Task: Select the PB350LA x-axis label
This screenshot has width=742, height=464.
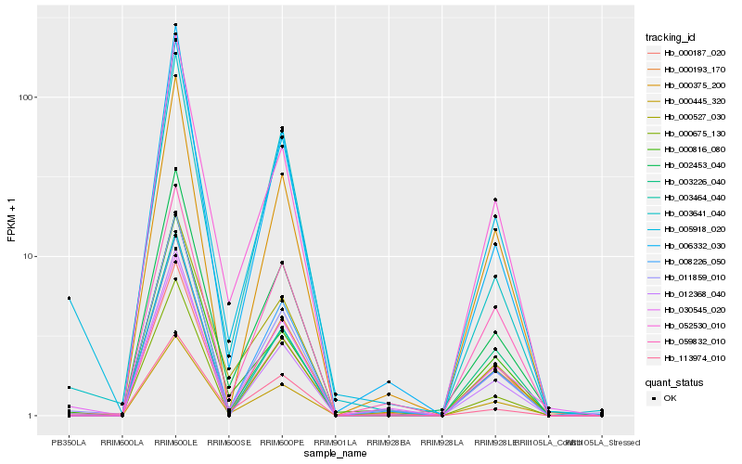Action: pos(69,443)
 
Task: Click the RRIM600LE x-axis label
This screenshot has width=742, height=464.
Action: pos(175,443)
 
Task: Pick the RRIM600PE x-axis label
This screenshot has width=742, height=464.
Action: pos(282,443)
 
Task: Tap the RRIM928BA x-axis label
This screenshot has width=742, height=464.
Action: pos(389,443)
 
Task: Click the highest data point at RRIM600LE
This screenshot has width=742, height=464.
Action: pos(175,25)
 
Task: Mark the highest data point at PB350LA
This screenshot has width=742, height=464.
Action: pos(69,298)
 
